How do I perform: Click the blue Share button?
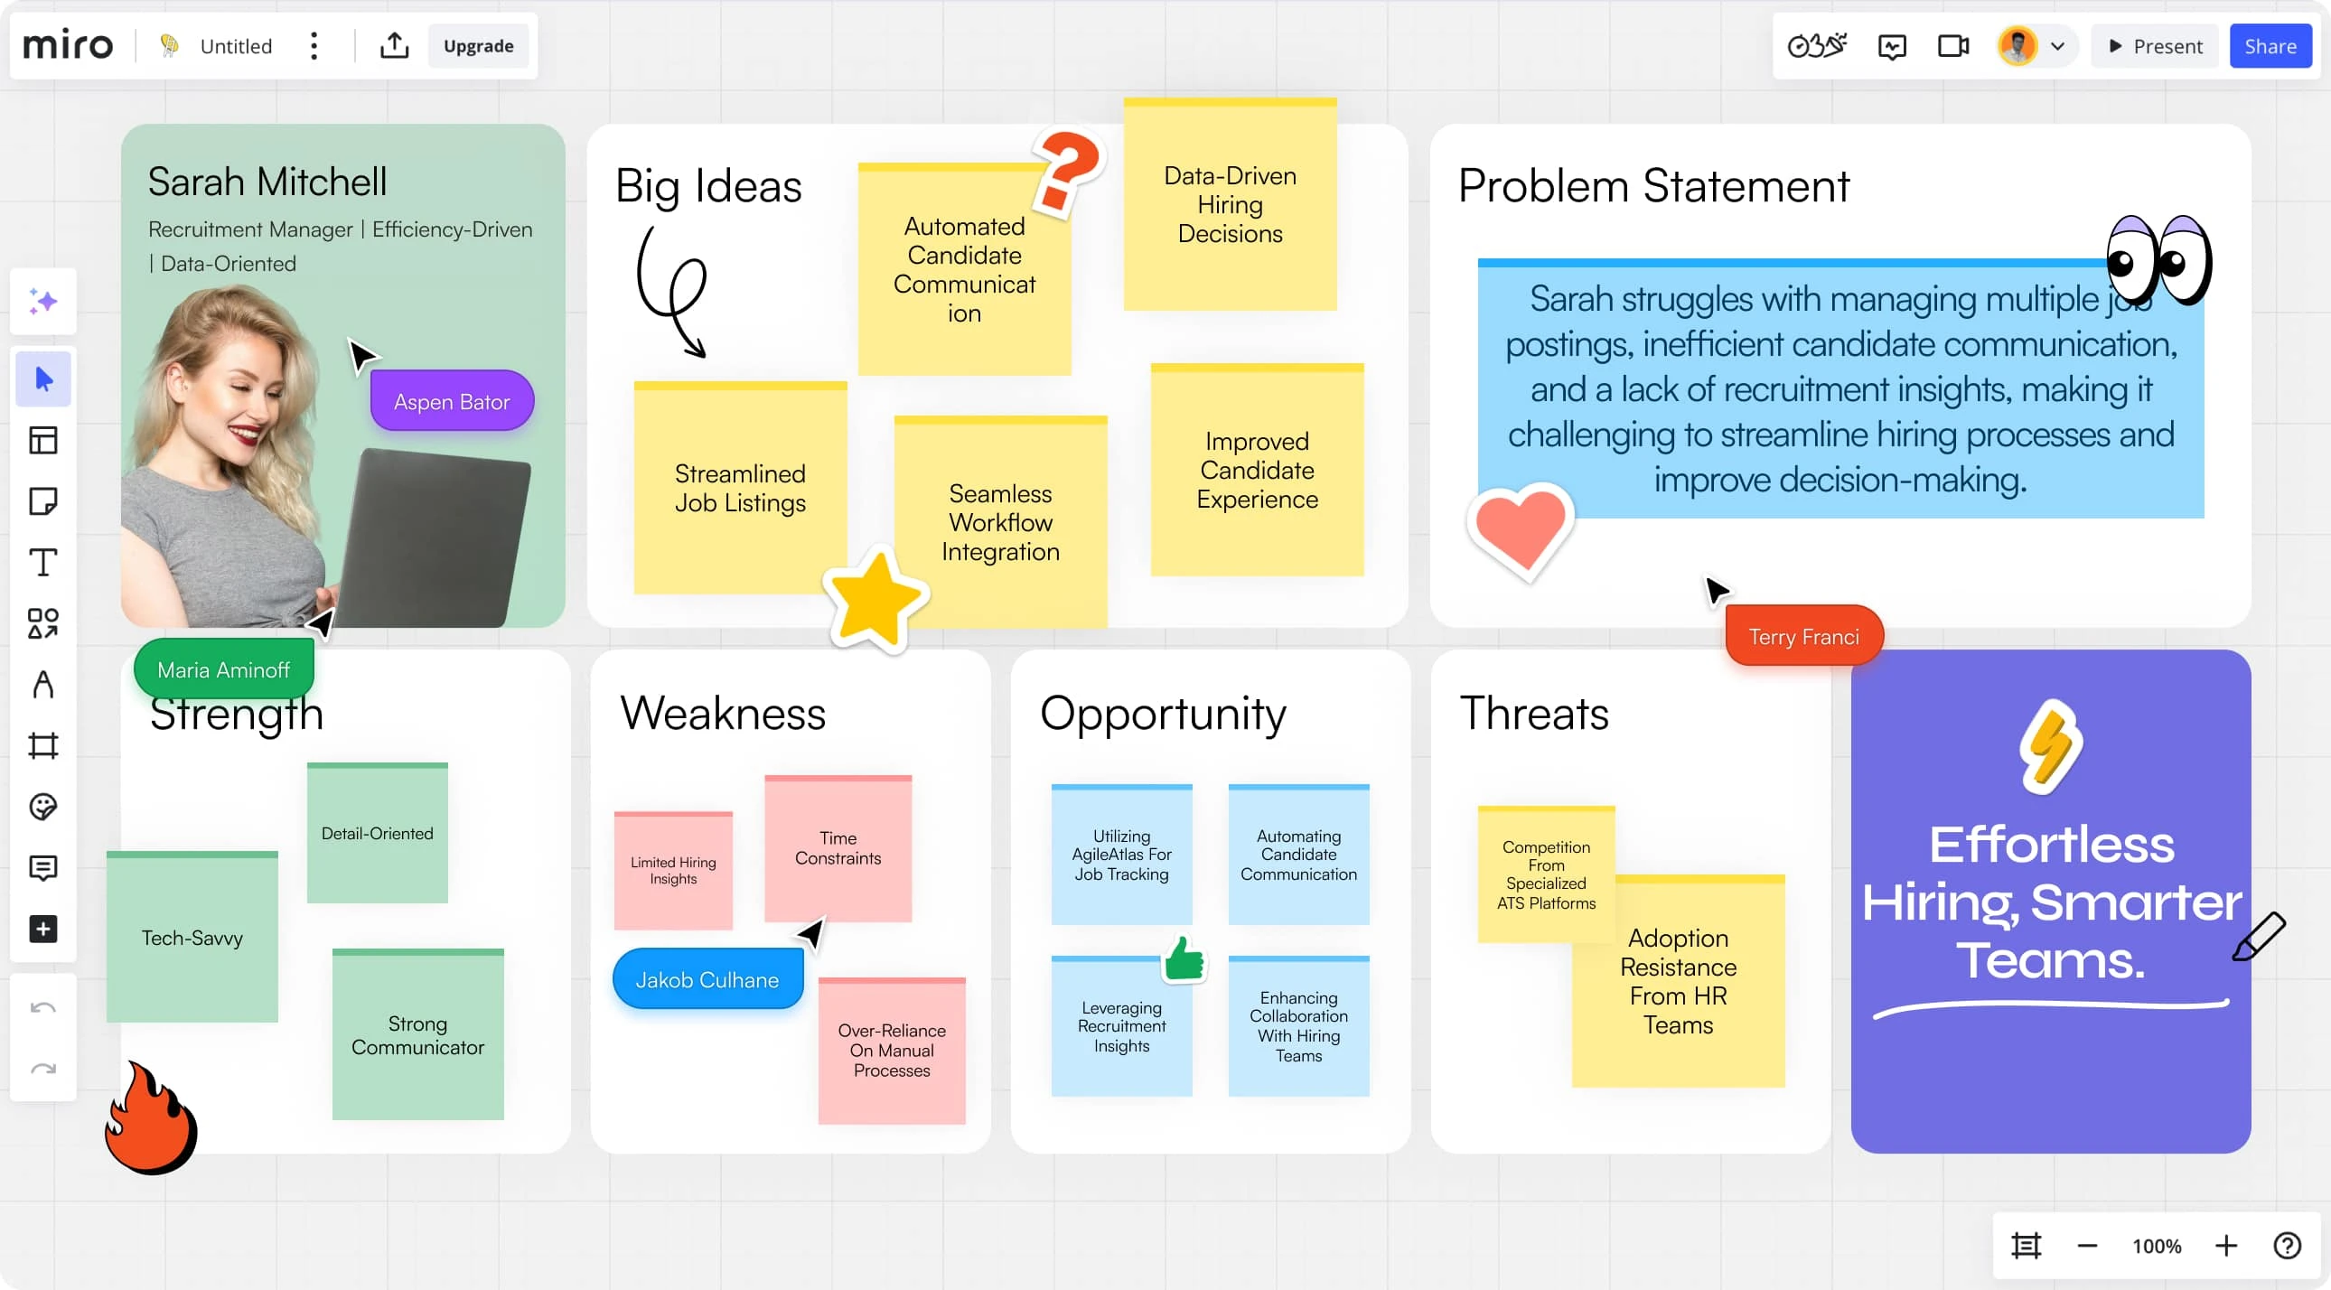2270,46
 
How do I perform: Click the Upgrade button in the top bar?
479,46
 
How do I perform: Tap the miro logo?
68,45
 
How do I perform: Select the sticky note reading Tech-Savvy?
192,936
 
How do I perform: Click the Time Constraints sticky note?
838,848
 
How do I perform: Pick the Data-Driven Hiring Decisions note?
1230,204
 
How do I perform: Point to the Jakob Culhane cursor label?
707,979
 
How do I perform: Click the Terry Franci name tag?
1803,636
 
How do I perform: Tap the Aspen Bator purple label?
452,401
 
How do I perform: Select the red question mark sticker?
1068,172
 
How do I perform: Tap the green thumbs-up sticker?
1184,958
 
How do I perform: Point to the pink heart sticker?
1521,528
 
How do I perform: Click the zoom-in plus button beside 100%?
2226,1246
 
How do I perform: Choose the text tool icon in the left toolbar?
42,562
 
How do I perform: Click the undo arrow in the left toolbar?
42,1008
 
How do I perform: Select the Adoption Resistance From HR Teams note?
1678,981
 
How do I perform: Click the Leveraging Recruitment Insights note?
1121,1026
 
